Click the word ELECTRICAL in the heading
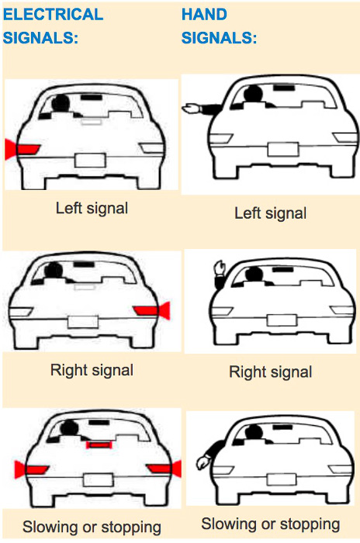[53, 15]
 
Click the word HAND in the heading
[204, 15]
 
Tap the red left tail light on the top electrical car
[22, 149]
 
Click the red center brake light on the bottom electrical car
[99, 444]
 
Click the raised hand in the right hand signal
[220, 268]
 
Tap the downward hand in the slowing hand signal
[202, 462]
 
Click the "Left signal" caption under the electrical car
[92, 208]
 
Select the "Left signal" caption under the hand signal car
[271, 213]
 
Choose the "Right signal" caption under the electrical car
[92, 370]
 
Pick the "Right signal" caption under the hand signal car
[271, 372]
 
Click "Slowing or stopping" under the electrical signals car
[92, 527]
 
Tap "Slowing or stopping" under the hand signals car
[271, 524]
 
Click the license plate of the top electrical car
[90, 161]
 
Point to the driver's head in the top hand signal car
[253, 94]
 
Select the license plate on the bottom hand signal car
[282, 479]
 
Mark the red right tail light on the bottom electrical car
[164, 469]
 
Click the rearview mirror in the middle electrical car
[84, 265]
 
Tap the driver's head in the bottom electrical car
[69, 428]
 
